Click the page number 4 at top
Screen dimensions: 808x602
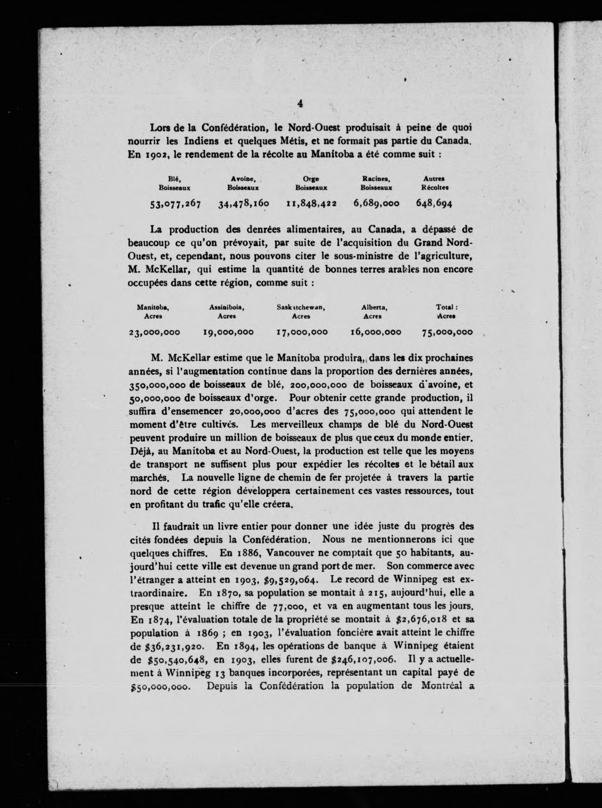click(x=300, y=103)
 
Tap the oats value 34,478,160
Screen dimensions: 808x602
click(x=244, y=204)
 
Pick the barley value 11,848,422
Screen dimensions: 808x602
click(x=311, y=204)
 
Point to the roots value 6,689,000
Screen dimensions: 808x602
click(x=376, y=203)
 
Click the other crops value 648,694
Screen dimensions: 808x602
click(x=434, y=203)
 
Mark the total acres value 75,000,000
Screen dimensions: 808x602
click(x=447, y=332)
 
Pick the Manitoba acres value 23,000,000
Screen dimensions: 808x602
click(x=154, y=332)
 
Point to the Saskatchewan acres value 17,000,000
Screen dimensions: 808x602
click(x=302, y=332)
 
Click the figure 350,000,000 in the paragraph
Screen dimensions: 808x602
click(x=157, y=385)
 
